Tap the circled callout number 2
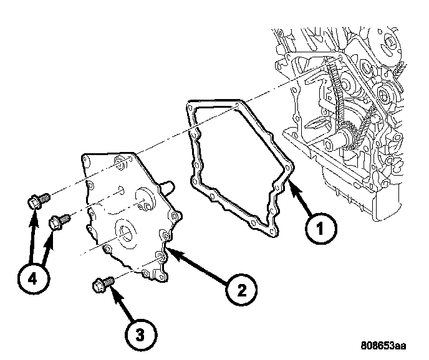[x=240, y=290]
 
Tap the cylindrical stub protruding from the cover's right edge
[x=166, y=186]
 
